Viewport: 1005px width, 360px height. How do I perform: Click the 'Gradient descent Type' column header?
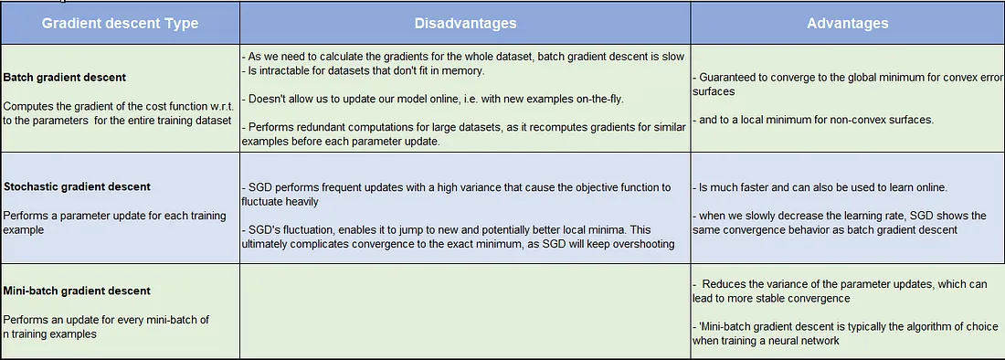[x=120, y=23]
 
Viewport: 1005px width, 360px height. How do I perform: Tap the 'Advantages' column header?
[x=848, y=23]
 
